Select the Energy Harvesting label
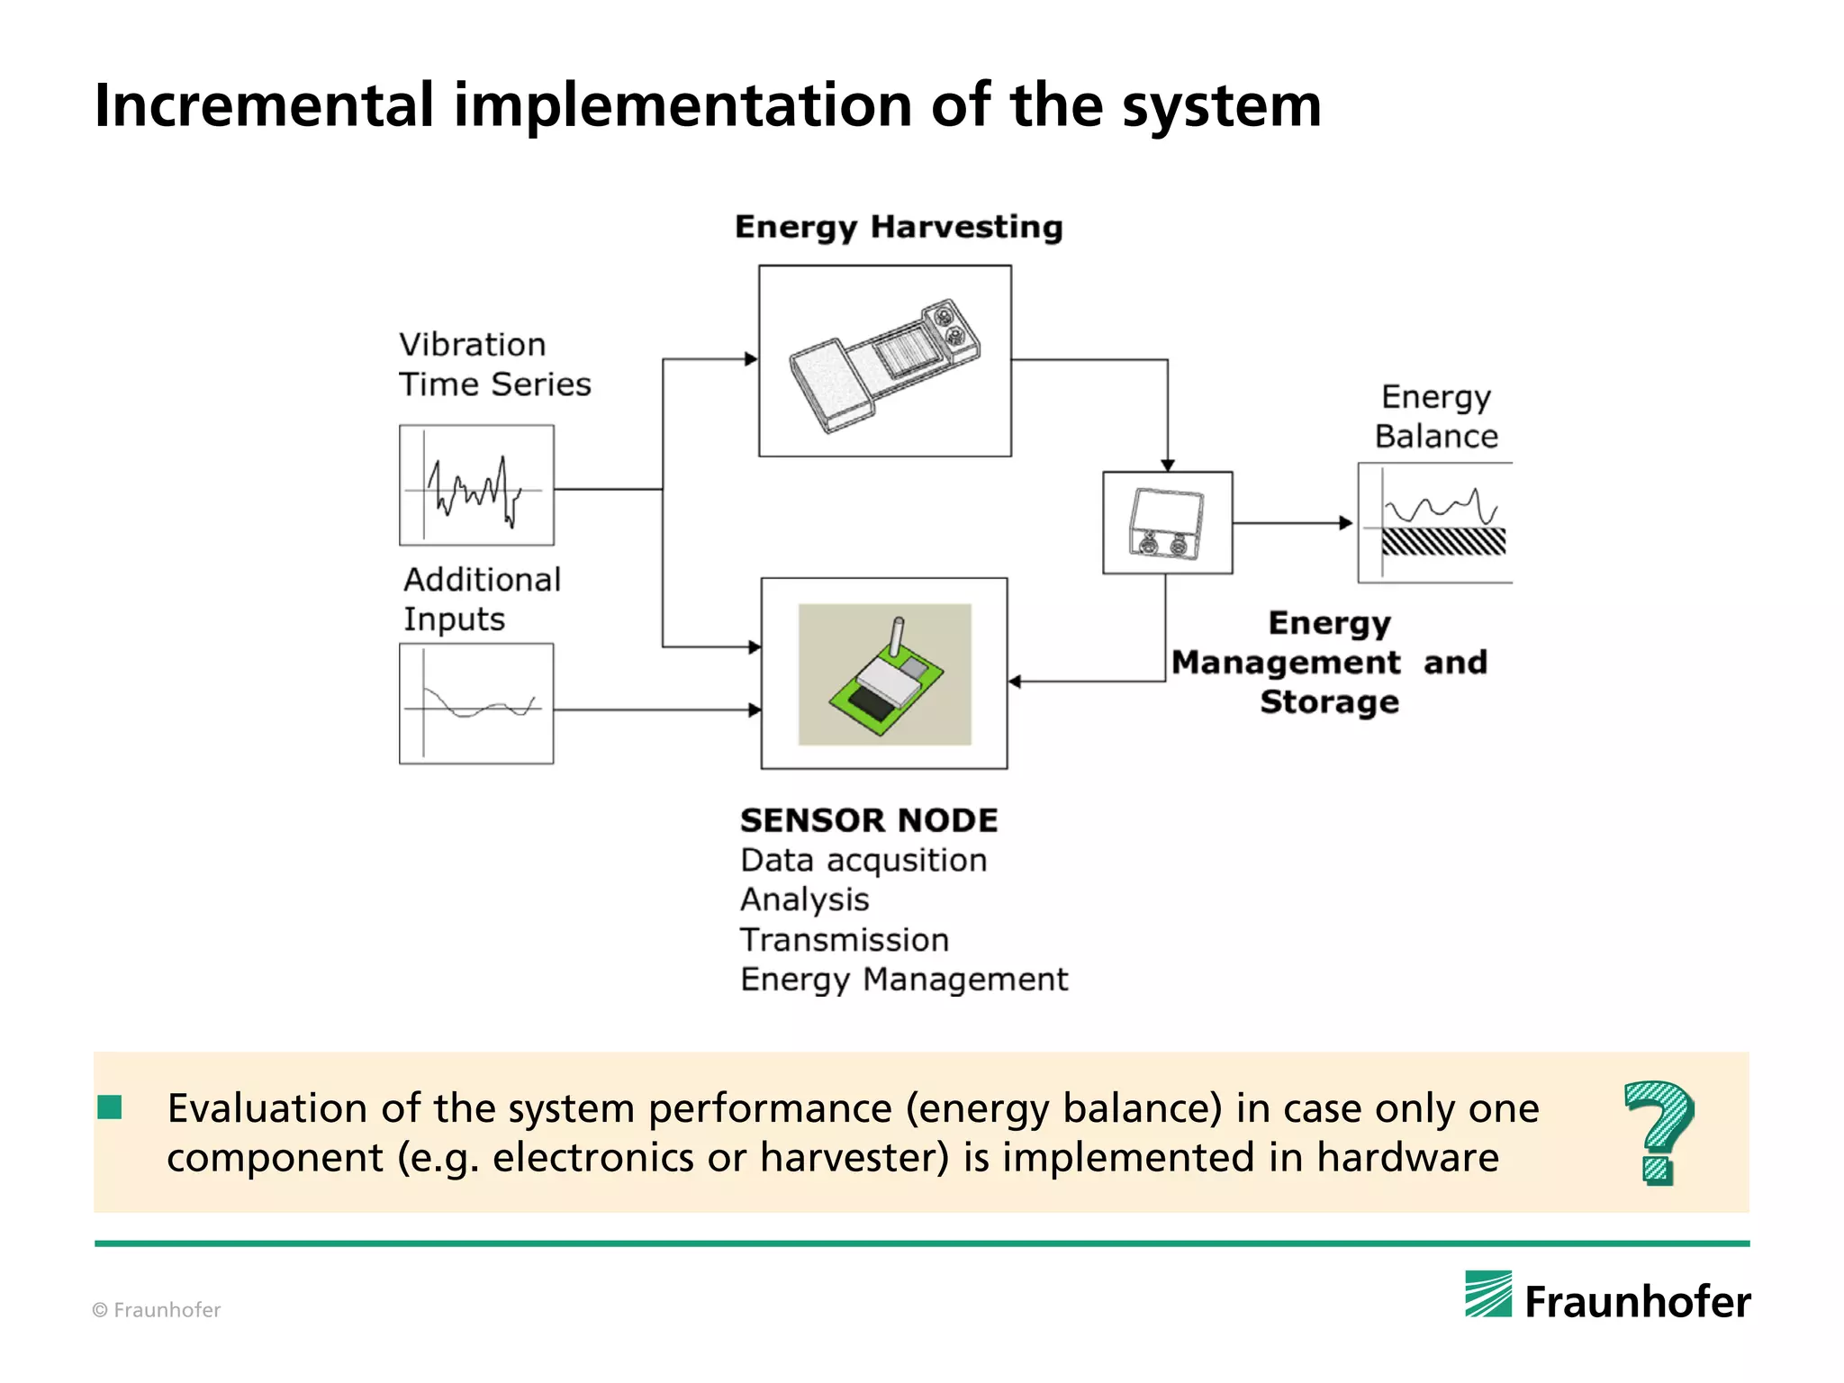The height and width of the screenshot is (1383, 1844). coord(899,227)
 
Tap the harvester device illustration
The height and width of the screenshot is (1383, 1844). coord(884,364)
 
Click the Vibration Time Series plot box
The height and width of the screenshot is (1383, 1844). coord(476,485)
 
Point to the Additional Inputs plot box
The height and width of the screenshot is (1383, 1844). coord(476,703)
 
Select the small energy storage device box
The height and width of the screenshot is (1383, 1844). coord(1167,523)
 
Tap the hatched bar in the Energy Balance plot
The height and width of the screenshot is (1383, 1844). coord(1443,541)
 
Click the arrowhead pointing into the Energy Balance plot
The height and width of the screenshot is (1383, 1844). coord(1346,523)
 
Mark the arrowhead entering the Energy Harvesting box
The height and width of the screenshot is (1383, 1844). coord(751,359)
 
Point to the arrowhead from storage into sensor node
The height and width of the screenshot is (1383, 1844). coord(1015,682)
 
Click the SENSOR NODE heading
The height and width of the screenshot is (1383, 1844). coord(869,820)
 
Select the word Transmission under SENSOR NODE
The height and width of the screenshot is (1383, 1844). coord(845,940)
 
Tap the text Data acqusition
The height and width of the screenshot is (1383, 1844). coord(863,861)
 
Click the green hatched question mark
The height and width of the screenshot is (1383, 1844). coord(1659,1132)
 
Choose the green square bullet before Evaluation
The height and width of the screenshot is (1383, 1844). coord(110,1107)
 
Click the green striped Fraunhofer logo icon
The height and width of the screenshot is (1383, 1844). coord(1487,1294)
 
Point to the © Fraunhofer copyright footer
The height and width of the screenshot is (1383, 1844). coord(157,1310)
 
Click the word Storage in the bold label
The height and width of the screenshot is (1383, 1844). coord(1329,702)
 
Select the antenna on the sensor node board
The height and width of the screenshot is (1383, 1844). coord(897,637)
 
